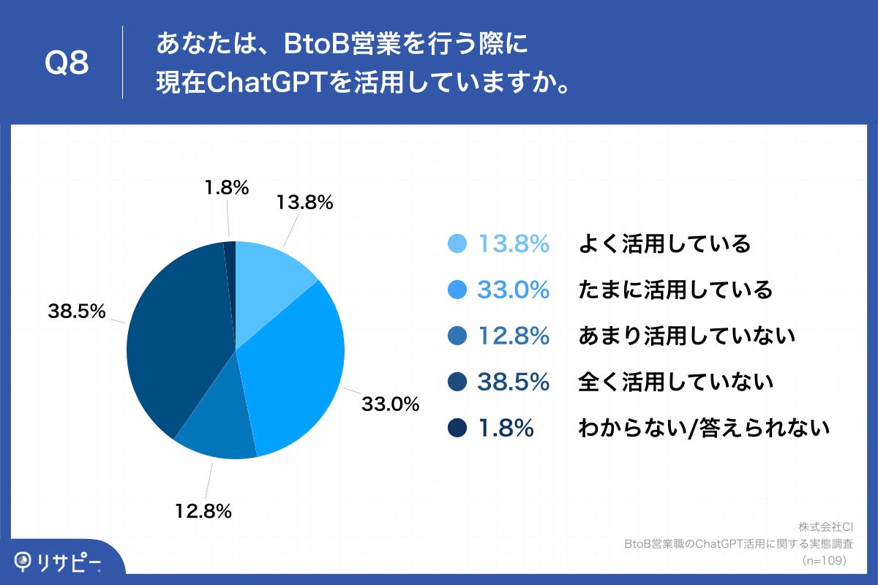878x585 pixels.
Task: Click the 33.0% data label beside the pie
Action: click(x=391, y=403)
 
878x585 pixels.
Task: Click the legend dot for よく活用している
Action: click(x=457, y=244)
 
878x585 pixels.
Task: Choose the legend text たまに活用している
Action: click(x=675, y=290)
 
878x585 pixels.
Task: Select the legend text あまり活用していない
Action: click(x=686, y=336)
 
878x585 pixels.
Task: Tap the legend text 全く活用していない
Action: click(x=675, y=382)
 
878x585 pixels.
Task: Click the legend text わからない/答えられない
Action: click(x=703, y=428)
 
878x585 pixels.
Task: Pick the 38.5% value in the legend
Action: click(x=513, y=382)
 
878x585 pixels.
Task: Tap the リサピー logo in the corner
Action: click(x=59, y=562)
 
